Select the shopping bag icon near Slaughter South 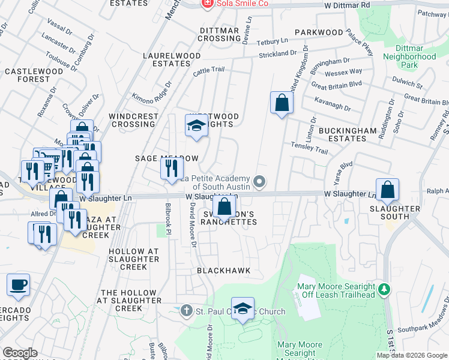pos(388,190)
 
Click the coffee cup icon pos(18,284)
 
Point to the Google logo pos(20,353)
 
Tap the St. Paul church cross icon pos(186,311)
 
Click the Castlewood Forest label pos(34,75)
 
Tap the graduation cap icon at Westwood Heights pos(196,126)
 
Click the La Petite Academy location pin pos(259,181)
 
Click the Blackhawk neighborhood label pos(223,271)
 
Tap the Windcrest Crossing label pos(133,120)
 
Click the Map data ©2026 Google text pos(411,355)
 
